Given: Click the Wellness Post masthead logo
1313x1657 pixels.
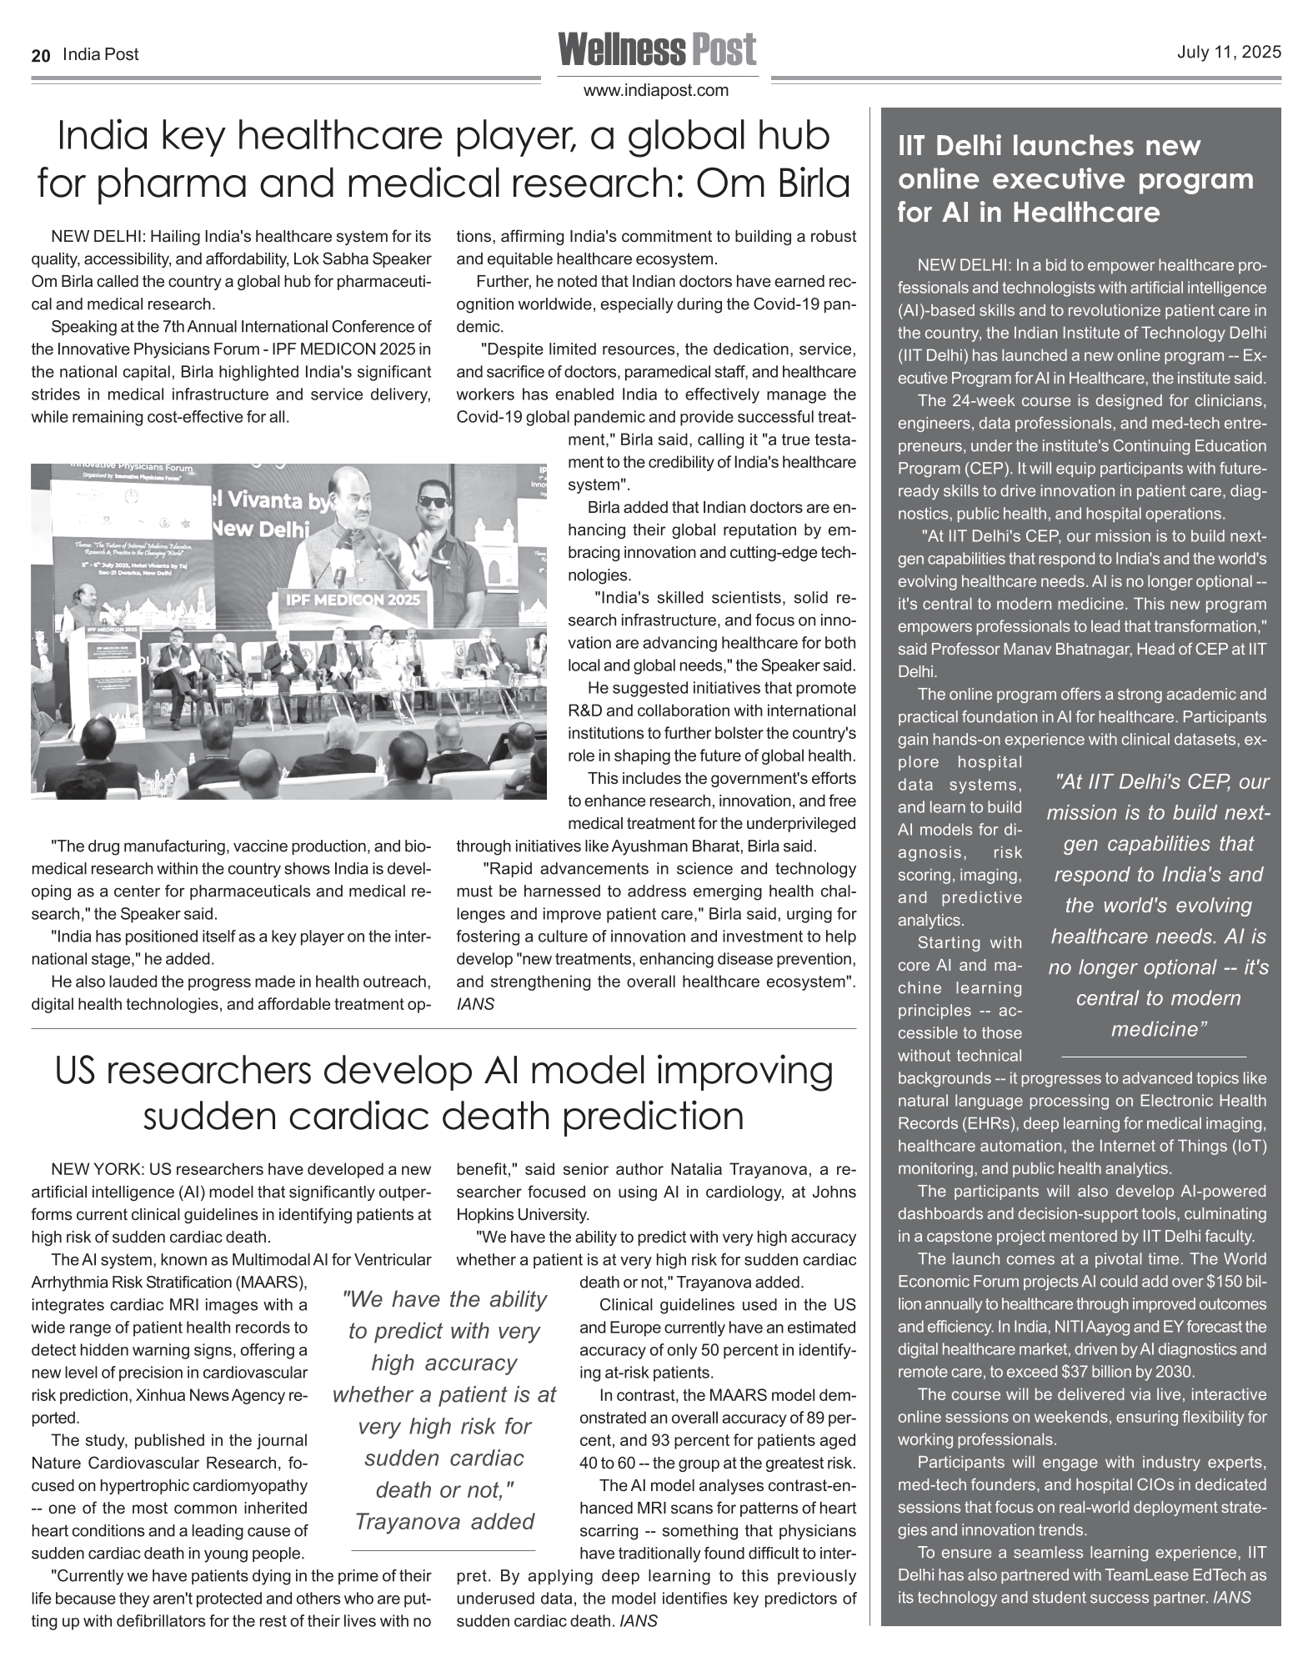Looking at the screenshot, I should (x=657, y=50).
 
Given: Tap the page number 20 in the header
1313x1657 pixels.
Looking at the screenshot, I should (x=41, y=55).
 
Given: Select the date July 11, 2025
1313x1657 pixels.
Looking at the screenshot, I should (x=1229, y=53).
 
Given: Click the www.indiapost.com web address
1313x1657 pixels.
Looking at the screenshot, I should (x=657, y=90).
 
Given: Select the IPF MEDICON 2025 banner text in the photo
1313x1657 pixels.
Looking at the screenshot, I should (x=353, y=600).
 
